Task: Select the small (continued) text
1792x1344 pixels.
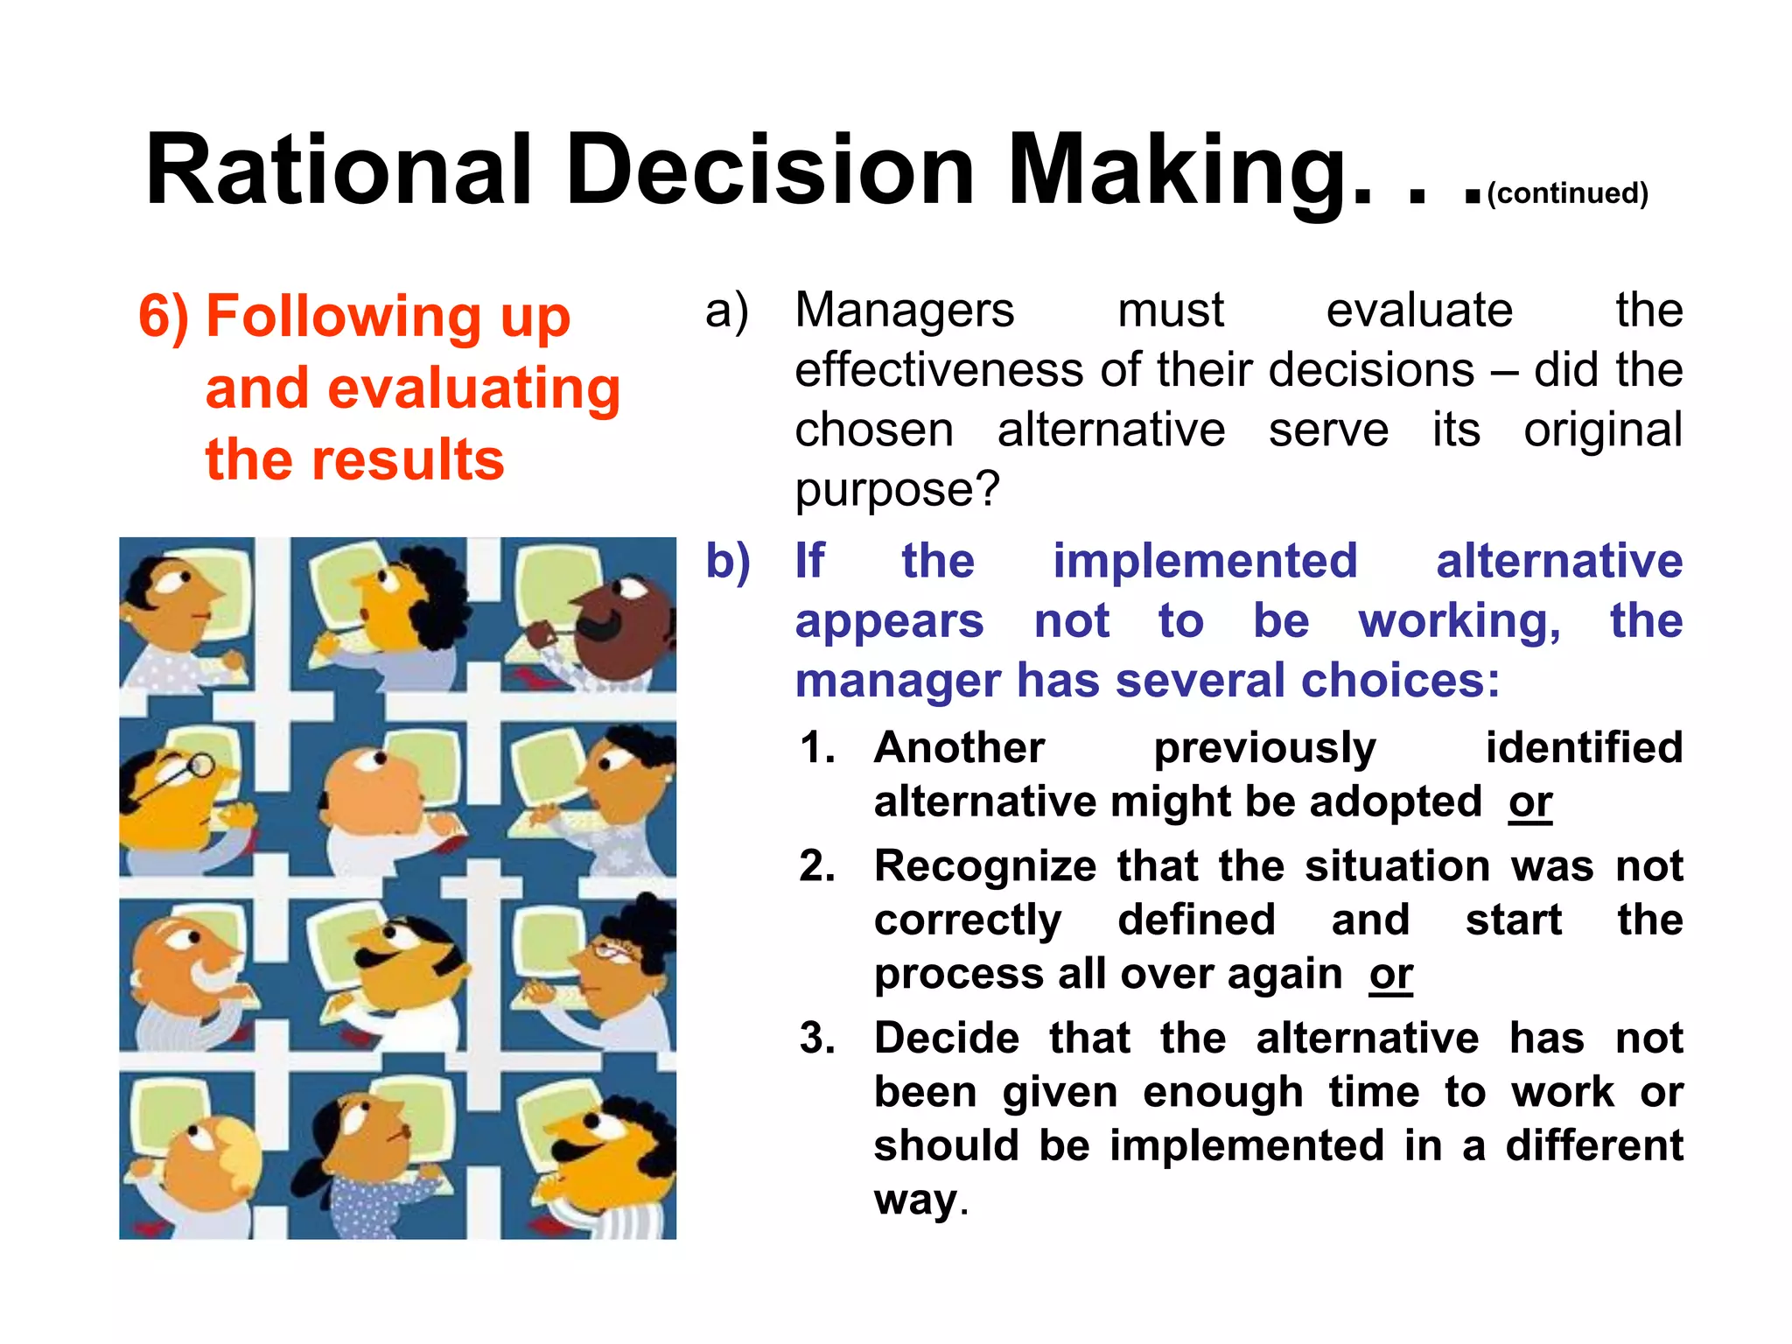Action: pyautogui.click(x=1567, y=192)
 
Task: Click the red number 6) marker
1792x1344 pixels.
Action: pyautogui.click(x=164, y=316)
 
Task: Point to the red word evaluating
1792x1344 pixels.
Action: pyautogui.click(x=413, y=388)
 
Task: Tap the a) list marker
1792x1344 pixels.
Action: pyautogui.click(x=727, y=311)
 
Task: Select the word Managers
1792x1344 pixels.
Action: pyautogui.click(x=904, y=311)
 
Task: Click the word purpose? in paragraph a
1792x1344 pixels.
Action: pyautogui.click(x=897, y=490)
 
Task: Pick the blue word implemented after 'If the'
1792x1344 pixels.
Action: pyautogui.click(x=1205, y=561)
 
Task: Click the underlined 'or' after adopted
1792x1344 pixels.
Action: pyautogui.click(x=1530, y=802)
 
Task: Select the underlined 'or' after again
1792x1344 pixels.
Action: pyautogui.click(x=1391, y=975)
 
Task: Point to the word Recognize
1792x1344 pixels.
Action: pyautogui.click(x=985, y=867)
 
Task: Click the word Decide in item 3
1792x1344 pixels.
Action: pyautogui.click(x=947, y=1039)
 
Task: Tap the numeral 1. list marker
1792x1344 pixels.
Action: pyautogui.click(x=817, y=748)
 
